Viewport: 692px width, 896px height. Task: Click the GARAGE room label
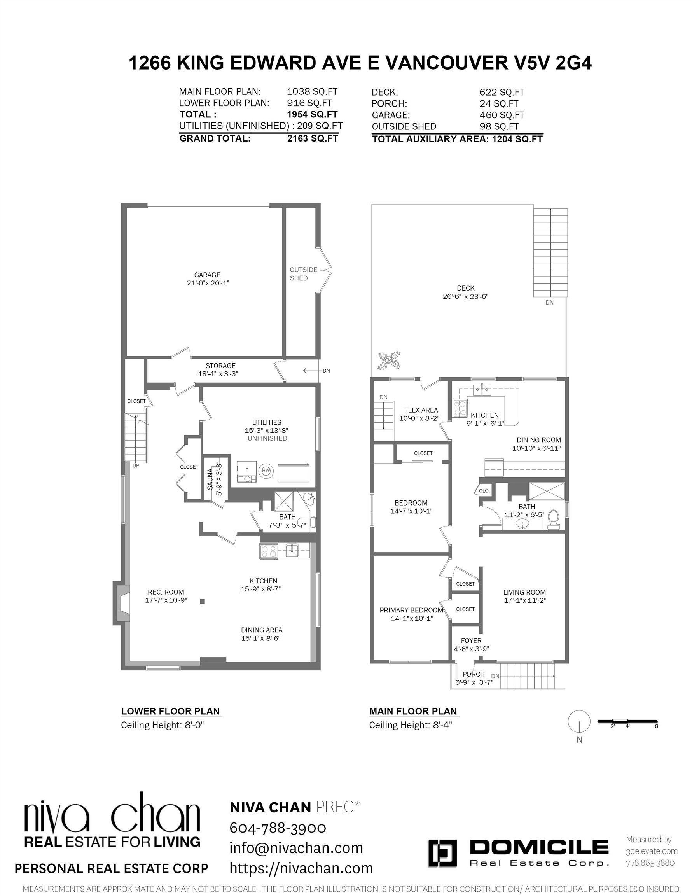click(207, 275)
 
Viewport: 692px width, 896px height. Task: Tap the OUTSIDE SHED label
click(303, 274)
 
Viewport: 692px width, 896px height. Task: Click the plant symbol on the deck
click(389, 360)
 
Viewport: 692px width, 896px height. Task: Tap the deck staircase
click(550, 252)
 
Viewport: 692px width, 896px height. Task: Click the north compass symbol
click(579, 721)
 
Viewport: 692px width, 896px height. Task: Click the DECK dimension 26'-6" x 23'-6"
click(465, 296)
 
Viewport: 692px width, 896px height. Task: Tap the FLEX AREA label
click(421, 410)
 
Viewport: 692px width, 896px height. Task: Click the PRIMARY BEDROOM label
click(411, 610)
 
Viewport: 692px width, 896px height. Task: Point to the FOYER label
click(471, 640)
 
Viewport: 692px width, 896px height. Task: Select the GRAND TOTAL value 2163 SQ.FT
click(313, 138)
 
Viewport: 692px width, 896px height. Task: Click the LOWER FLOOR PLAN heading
click(170, 711)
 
